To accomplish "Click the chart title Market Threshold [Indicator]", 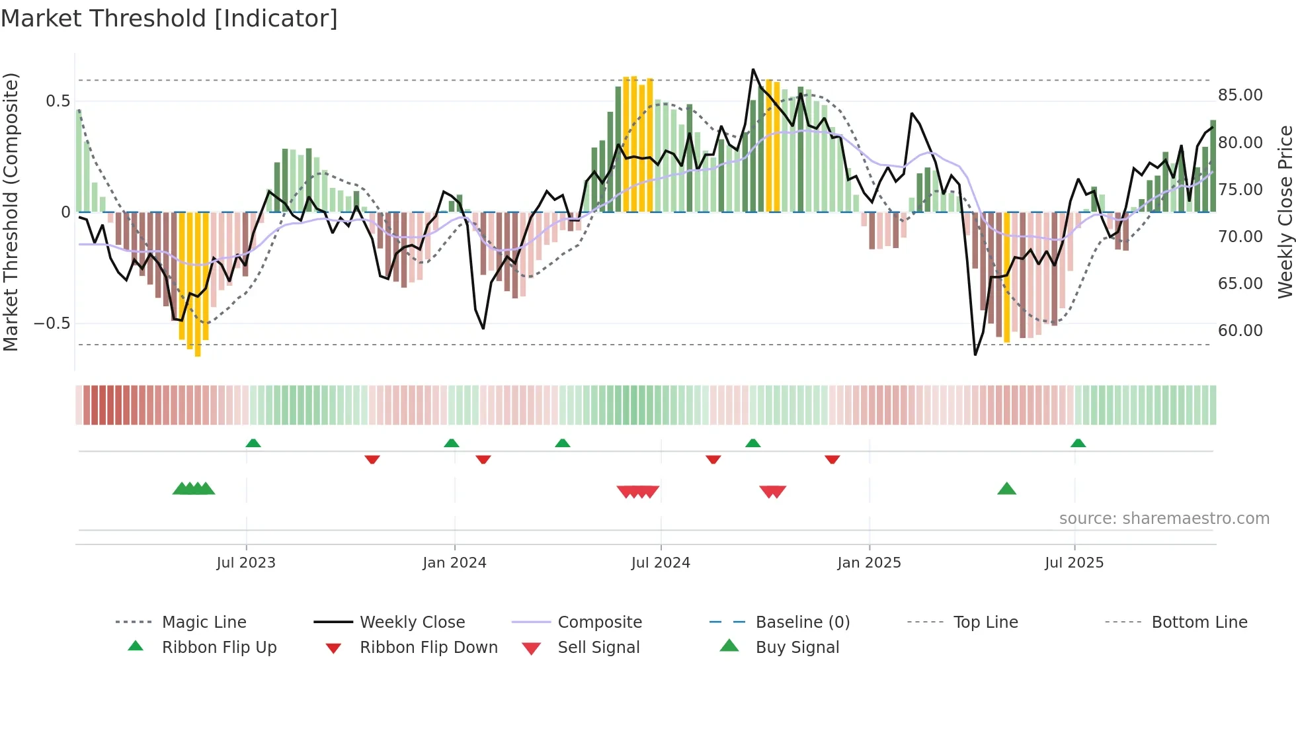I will pos(169,19).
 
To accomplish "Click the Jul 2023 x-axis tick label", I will pos(245,563).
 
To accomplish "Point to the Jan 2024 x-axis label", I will pos(454,563).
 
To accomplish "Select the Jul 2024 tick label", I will pos(661,563).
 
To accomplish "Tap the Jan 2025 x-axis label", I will pos(869,563).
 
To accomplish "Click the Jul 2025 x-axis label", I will pos(1074,563).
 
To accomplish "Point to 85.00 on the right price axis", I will pos(1240,95).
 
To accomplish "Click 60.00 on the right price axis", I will pos(1240,331).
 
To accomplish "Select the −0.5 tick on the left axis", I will pos(52,323).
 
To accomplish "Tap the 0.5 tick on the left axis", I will pos(58,101).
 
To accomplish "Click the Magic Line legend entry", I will pos(204,622).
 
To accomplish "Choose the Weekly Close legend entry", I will pos(412,622).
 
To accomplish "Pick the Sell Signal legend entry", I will pos(598,648).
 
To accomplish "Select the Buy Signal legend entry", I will pos(797,648).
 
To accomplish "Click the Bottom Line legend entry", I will pos(1199,622).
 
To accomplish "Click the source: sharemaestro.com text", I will pos(1164,519).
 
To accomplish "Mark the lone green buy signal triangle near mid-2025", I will pos(1006,489).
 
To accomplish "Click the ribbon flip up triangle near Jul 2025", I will pos(1078,443).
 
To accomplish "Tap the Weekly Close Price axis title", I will pos(1285,212).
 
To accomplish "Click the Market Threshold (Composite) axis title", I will pos(11,212).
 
